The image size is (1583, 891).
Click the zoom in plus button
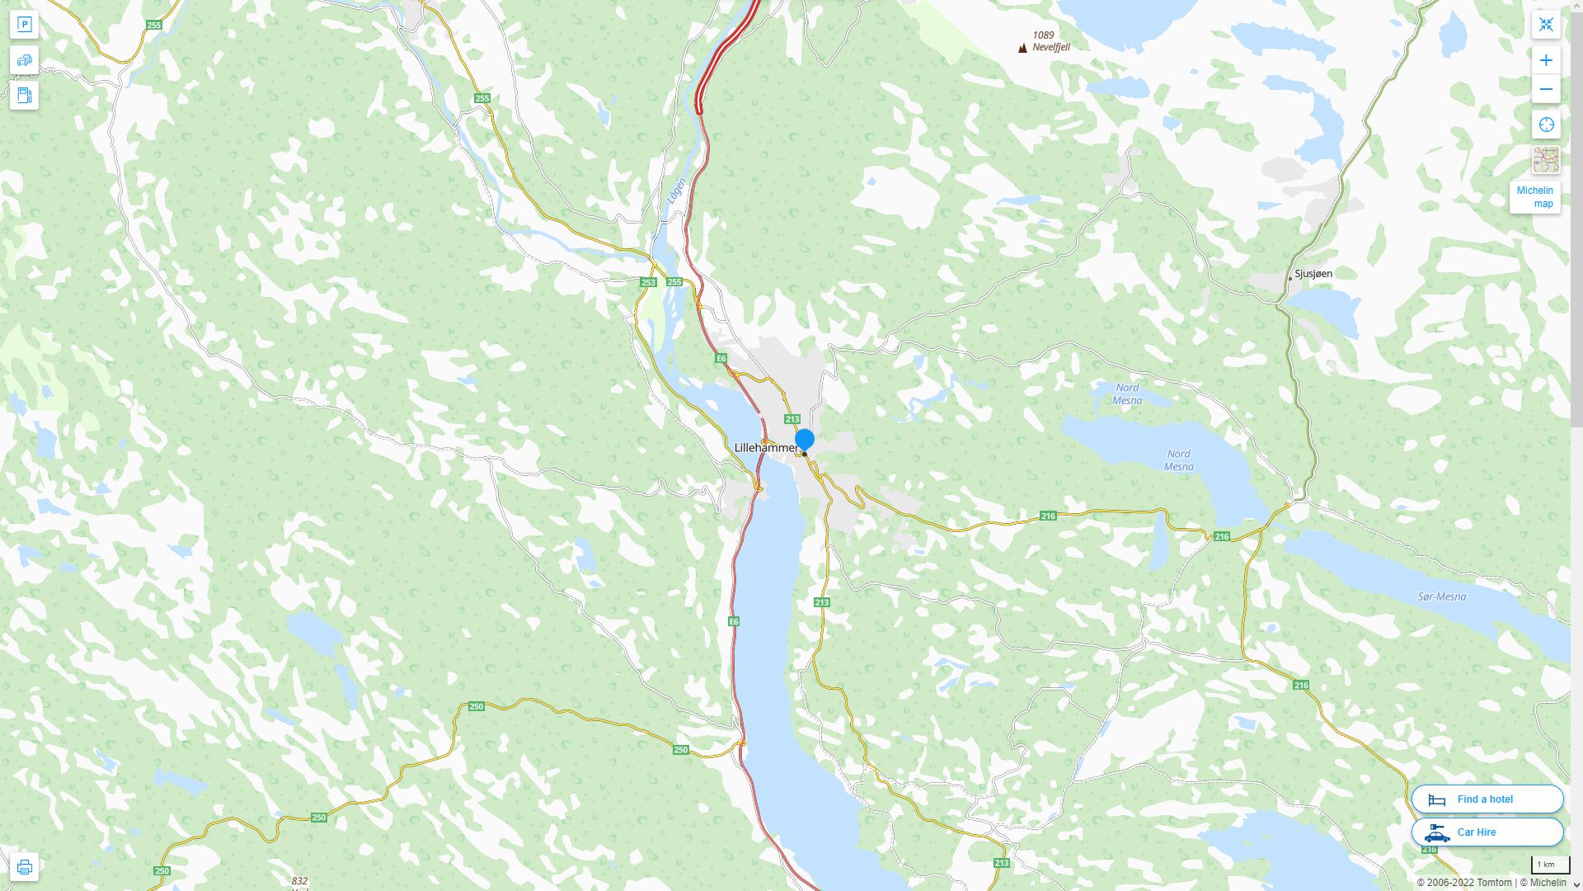[1546, 60]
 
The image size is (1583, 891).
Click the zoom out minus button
[1546, 89]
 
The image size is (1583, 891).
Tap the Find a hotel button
[1487, 799]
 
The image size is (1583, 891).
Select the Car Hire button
[1487, 832]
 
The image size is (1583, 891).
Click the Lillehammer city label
[766, 447]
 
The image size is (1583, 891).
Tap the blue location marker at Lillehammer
[805, 440]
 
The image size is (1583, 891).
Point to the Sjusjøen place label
[1313, 274]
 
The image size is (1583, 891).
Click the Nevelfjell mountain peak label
[1050, 47]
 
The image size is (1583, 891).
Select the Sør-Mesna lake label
[1441, 596]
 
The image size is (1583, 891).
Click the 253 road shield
[648, 282]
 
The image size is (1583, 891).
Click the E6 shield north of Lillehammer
[721, 358]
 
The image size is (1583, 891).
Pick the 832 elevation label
[299, 881]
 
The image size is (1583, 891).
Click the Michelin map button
[1534, 196]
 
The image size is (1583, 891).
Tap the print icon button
[24, 867]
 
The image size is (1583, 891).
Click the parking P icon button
[24, 25]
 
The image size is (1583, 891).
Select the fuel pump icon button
[24, 95]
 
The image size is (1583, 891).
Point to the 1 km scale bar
[1549, 865]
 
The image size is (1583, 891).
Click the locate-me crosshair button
[1546, 125]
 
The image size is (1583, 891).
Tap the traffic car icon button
[24, 60]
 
